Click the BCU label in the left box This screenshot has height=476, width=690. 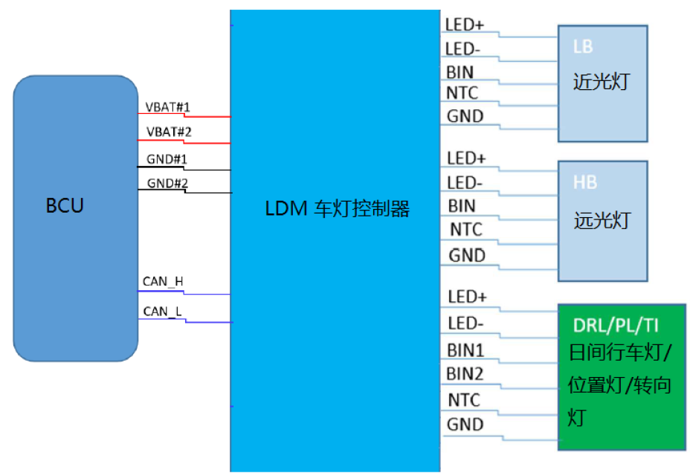coord(65,205)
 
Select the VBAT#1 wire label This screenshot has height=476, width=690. coord(167,107)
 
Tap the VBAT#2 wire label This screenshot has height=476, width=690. coord(167,132)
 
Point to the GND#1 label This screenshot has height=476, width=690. coord(166,159)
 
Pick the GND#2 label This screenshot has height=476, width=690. coord(166,183)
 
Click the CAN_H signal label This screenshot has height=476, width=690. coord(163,281)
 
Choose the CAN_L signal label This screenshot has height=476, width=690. coord(161,311)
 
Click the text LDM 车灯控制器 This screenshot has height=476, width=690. coord(338,209)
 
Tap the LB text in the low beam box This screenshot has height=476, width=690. coord(583,46)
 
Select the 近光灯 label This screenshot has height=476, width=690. coord(601,81)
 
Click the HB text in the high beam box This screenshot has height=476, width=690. coord(585,182)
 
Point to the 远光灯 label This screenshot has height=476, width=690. coord(602,220)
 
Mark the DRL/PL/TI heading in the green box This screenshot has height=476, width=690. coord(616,325)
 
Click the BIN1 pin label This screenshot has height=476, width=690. coord(466,350)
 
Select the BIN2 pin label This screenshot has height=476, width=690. coord(466,373)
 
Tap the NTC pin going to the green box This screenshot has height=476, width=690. coord(464,400)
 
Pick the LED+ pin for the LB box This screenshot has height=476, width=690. coord(465,25)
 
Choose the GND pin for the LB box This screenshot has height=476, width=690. coord(465,116)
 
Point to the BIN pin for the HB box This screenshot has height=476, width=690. coord(462,205)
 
